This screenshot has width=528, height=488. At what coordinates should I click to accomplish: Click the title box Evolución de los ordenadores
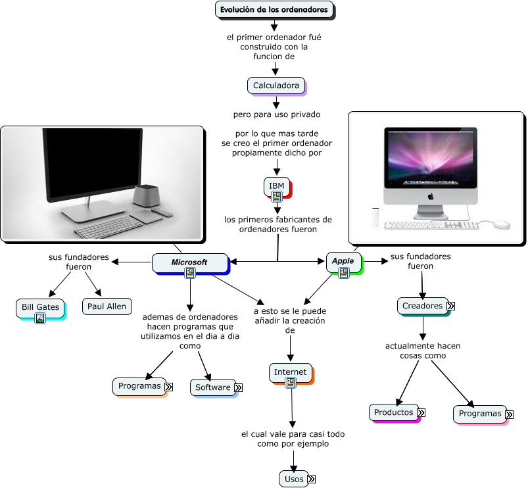click(274, 10)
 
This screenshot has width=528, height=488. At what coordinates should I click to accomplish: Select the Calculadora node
click(276, 85)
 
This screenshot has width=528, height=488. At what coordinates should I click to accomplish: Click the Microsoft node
click(189, 262)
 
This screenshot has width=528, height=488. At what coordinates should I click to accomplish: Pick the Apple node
click(343, 261)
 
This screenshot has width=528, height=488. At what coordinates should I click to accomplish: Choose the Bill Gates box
click(40, 307)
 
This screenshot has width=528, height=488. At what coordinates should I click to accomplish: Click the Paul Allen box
click(107, 306)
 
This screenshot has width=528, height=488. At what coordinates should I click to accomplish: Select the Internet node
click(290, 372)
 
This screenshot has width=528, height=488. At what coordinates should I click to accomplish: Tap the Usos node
click(294, 479)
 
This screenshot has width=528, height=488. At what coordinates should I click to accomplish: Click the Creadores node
click(422, 306)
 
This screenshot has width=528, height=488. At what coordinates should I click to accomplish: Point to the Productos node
click(393, 412)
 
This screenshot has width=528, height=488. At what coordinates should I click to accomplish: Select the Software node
click(212, 387)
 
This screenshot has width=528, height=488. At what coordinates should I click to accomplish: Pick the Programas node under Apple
click(479, 414)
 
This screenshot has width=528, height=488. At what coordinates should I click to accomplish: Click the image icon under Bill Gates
click(40, 319)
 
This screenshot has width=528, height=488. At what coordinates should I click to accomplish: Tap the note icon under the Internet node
click(290, 383)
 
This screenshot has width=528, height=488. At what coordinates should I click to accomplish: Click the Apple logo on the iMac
click(431, 195)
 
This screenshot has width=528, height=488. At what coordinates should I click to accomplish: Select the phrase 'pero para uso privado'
click(276, 114)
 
